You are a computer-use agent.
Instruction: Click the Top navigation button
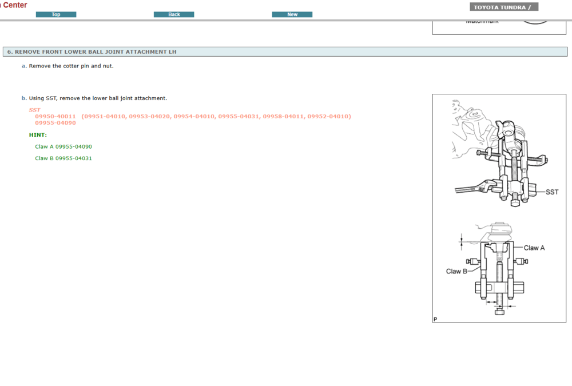tap(56, 14)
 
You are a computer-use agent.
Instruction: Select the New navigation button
tap(292, 14)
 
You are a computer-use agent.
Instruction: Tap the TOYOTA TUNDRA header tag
tap(504, 7)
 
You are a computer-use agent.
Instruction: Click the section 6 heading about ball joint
tap(92, 51)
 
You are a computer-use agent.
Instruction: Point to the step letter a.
tap(24, 66)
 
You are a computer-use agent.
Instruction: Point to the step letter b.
tap(24, 98)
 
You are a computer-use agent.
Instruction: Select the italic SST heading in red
tap(34, 110)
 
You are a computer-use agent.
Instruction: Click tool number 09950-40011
tap(55, 116)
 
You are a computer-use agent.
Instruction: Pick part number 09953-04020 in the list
tap(149, 116)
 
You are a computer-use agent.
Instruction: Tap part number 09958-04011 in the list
tap(283, 116)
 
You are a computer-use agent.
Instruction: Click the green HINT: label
tap(38, 135)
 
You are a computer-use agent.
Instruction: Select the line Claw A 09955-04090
tap(63, 146)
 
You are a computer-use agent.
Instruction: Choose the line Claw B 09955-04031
tap(63, 158)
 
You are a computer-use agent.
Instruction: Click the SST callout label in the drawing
tap(551, 192)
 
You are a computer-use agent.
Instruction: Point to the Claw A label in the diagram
tap(534, 248)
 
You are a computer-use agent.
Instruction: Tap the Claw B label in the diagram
tap(456, 271)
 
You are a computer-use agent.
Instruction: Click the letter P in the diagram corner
tap(435, 319)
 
